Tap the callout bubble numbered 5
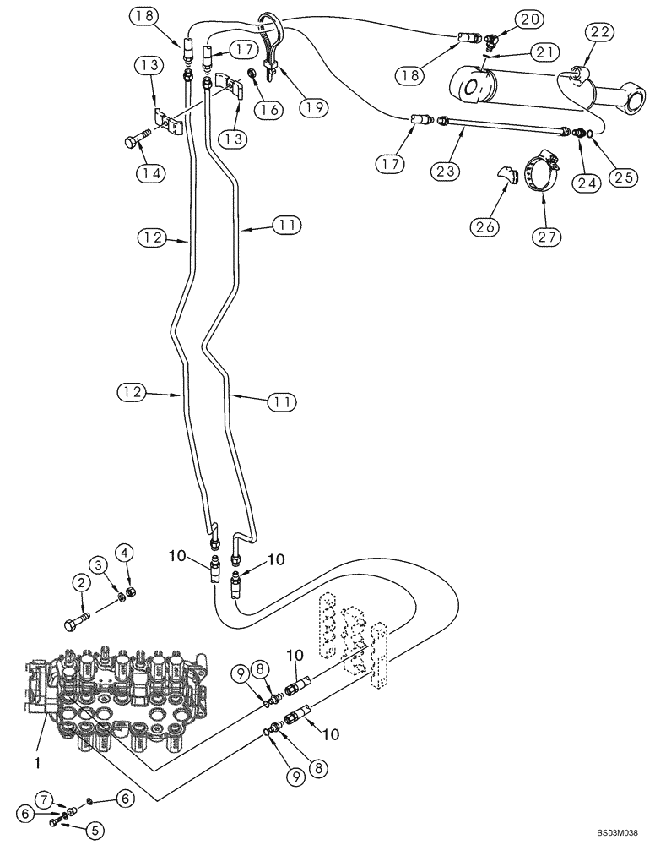95,831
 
